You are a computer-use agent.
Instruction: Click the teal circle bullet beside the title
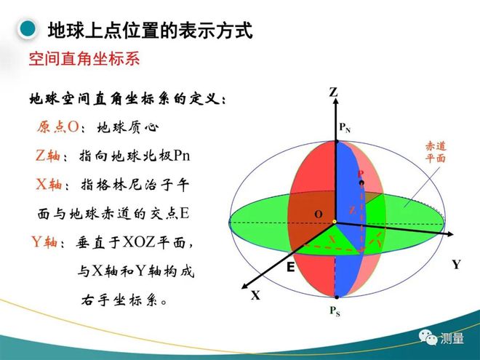[28, 29]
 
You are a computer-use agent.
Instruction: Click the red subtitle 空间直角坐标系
[84, 58]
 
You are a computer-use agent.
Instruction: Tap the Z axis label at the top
[333, 92]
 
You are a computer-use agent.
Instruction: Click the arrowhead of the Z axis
[336, 102]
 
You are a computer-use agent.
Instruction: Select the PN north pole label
[345, 127]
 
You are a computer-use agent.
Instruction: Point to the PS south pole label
[335, 311]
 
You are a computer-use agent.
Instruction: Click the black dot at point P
[361, 183]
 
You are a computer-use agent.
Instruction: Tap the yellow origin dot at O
[335, 222]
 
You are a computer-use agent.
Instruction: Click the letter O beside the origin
[319, 214]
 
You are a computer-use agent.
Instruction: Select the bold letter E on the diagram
[290, 267]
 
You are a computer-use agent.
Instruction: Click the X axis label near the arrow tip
[255, 295]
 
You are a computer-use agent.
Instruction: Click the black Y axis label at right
[457, 265]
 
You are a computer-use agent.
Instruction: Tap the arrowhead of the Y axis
[450, 234]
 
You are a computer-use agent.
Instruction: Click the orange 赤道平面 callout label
[436, 152]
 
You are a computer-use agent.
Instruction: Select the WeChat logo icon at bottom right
[428, 337]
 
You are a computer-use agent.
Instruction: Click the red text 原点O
[58, 127]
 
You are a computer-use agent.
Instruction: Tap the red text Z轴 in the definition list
[48, 155]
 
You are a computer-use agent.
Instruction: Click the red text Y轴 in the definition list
[44, 242]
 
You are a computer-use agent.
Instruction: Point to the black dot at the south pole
[337, 297]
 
